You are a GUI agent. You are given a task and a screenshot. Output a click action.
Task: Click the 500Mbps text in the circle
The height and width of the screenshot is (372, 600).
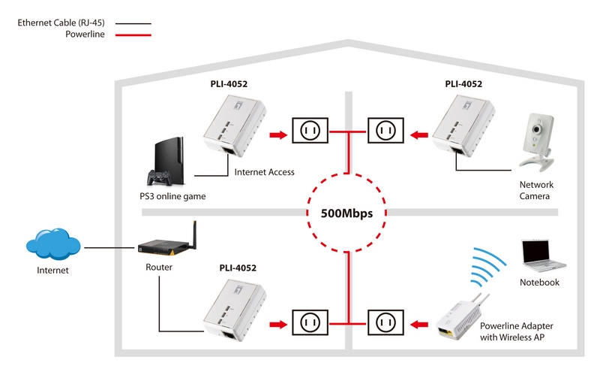(347, 213)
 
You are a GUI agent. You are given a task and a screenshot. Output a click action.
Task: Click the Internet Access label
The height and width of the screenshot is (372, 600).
(264, 172)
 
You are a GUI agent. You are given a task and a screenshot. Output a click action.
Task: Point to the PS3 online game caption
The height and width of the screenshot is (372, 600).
(172, 197)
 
